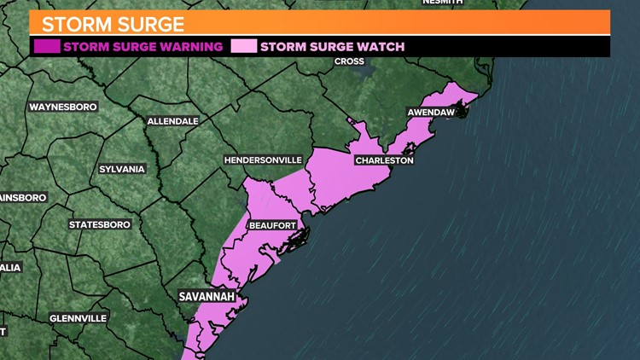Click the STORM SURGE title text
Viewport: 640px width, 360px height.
click(x=113, y=23)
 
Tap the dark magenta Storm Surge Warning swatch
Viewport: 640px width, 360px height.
click(x=47, y=46)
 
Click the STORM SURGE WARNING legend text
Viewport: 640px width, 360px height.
click(x=143, y=47)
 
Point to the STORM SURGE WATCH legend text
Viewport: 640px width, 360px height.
click(x=332, y=47)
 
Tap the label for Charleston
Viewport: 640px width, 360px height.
click(x=384, y=160)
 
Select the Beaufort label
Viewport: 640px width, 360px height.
click(x=272, y=225)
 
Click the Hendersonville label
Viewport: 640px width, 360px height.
click(x=263, y=160)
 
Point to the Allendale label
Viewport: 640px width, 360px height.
click(x=172, y=121)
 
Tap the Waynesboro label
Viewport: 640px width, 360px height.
click(x=63, y=107)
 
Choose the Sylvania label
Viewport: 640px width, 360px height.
click(x=122, y=169)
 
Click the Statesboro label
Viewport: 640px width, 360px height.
click(x=100, y=224)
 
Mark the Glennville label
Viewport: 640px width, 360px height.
click(x=78, y=318)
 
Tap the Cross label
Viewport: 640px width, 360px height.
click(x=349, y=61)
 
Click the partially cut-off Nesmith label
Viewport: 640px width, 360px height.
click(x=442, y=3)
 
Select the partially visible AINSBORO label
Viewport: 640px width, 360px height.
click(x=23, y=197)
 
